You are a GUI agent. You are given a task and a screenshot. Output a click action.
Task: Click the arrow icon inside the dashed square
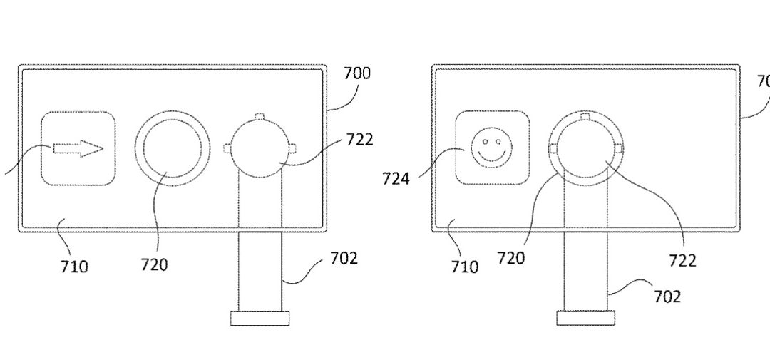tap(78, 148)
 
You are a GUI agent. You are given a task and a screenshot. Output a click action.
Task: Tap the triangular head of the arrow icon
tap(91, 148)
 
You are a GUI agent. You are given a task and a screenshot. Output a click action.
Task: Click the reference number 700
tap(357, 73)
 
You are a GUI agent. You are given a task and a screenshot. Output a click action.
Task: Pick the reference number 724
tap(396, 178)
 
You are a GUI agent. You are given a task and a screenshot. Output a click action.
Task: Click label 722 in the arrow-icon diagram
tap(360, 140)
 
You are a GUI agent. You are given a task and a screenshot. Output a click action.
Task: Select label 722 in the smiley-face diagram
tap(682, 260)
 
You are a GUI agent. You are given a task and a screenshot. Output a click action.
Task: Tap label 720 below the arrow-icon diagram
tap(154, 265)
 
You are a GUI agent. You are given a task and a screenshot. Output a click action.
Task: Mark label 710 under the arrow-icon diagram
tap(74, 267)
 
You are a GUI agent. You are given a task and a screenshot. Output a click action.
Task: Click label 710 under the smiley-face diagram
tap(464, 267)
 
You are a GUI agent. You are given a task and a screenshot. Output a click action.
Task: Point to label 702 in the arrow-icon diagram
tap(344, 258)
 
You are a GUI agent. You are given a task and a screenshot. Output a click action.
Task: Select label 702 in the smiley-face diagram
tap(667, 295)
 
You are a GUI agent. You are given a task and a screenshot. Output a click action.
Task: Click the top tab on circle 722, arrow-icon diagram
tap(260, 116)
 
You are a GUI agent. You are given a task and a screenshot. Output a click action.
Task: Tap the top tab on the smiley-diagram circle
tap(585, 115)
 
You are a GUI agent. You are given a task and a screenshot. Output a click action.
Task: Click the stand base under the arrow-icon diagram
tap(260, 318)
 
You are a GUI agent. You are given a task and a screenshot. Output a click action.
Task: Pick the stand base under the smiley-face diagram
tap(585, 317)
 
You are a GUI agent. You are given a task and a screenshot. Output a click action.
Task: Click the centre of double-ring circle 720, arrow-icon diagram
tap(173, 148)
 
